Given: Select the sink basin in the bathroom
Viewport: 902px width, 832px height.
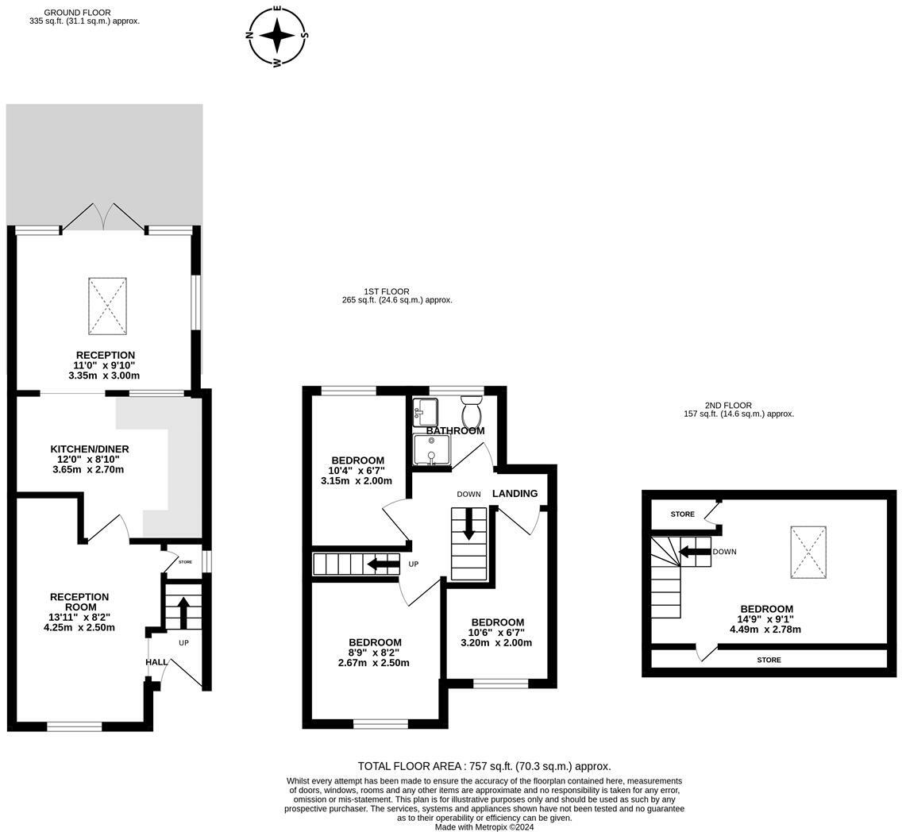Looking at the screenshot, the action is click(x=425, y=412).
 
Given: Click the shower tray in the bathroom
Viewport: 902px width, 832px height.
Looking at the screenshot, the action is click(x=431, y=449).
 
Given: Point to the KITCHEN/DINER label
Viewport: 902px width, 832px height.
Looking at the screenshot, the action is click(x=90, y=449).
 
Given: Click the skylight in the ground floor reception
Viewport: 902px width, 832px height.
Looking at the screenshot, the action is click(x=107, y=306).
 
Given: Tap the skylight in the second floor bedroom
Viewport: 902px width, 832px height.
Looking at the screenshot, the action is click(x=808, y=552).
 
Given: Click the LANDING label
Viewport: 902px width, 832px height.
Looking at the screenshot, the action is click(x=515, y=493).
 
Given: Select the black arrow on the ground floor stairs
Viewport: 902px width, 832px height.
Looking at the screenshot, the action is click(x=183, y=613).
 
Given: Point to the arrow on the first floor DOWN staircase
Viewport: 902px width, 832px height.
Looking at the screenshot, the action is click(x=468, y=523).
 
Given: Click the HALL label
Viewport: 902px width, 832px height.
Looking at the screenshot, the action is click(x=156, y=662).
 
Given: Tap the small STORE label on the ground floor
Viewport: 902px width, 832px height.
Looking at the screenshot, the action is click(x=185, y=562).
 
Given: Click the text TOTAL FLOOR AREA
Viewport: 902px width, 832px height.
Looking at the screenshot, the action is click(x=411, y=766).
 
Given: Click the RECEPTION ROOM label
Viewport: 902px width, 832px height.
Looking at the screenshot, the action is click(x=79, y=602).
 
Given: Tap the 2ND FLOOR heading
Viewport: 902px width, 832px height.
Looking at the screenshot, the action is click(x=728, y=406).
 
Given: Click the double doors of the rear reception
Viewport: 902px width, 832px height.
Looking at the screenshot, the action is click(x=103, y=217).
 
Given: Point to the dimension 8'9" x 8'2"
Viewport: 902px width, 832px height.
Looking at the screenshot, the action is click(x=375, y=653).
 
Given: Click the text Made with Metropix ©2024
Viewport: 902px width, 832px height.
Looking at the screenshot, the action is click(x=485, y=827).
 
